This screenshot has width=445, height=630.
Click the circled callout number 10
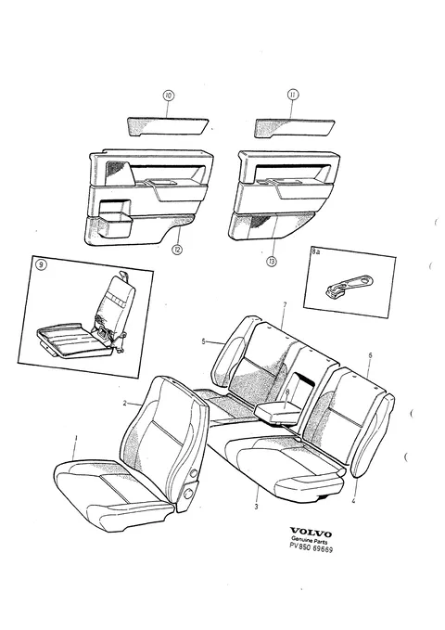169,96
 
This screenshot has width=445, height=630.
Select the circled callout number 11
293,95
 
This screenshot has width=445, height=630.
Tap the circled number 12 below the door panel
177,250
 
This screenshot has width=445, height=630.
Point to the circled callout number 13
272,262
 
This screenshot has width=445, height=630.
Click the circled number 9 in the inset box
41,264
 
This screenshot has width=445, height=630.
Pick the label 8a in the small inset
316,252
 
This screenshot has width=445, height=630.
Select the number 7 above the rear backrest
285,305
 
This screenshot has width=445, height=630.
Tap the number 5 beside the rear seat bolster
203,341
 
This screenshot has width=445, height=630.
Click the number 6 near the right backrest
370,355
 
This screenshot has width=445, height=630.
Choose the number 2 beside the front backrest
125,403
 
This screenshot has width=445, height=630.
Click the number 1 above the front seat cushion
76,438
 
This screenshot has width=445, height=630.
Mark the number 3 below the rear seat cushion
256,507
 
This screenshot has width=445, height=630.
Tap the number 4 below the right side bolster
353,501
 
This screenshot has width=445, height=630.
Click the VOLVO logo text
311,534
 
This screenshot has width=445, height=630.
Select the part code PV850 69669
311,548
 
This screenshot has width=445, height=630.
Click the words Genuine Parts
310,541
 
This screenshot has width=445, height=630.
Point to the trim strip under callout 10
168,126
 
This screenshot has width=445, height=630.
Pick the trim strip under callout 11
294,128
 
